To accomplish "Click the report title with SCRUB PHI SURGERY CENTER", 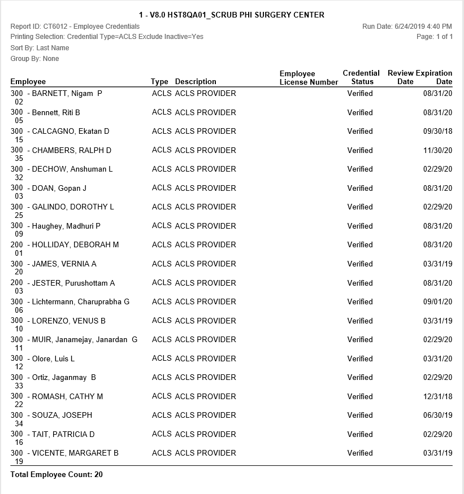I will [232, 15].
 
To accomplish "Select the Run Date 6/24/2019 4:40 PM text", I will [407, 27].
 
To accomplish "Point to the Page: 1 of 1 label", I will [434, 37].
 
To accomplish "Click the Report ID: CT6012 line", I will [75, 27].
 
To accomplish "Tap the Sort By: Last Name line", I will [40, 48].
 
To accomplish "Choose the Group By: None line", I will [34, 59].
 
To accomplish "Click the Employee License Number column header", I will [309, 78].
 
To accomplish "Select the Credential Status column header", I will [361, 77].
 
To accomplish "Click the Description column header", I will [196, 82].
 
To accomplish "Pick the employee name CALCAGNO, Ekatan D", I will [71, 132].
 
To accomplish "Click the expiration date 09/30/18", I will [440, 132].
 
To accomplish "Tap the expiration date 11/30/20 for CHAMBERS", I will [440, 151].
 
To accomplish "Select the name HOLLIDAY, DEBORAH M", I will [75, 245].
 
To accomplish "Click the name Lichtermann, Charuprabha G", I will [80, 302].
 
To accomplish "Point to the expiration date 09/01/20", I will [440, 302].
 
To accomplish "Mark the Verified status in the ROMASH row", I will [360, 397].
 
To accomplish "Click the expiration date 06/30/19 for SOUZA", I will [440, 416].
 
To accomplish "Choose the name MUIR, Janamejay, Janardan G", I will [84, 340].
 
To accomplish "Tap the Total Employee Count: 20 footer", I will [57, 475].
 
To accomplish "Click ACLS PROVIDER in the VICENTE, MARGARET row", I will [205, 453].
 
